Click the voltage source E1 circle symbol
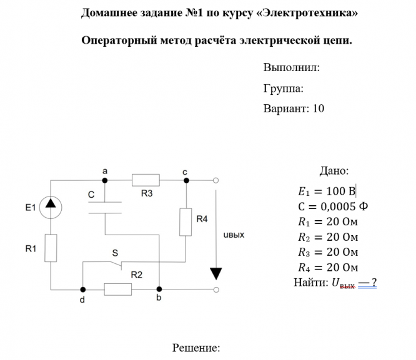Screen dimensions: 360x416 click(x=51, y=207)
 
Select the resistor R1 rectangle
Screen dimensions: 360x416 click(x=51, y=248)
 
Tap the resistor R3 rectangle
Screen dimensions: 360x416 click(x=146, y=180)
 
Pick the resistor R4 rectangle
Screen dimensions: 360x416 click(x=186, y=221)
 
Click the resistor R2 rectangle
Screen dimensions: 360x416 click(x=117, y=289)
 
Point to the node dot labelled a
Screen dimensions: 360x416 click(x=105, y=180)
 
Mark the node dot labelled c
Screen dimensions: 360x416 click(x=186, y=180)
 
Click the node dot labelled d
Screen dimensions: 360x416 click(x=82, y=289)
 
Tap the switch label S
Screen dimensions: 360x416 click(x=114, y=253)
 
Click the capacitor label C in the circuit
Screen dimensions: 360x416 click(x=91, y=195)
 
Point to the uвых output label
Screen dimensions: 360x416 click(x=233, y=236)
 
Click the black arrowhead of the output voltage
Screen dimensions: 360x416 click(x=215, y=273)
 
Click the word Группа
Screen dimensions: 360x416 click(x=282, y=88)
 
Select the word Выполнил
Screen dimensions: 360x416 click(x=291, y=67)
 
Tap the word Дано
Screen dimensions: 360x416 click(x=334, y=171)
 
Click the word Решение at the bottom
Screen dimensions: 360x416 click(x=196, y=348)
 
